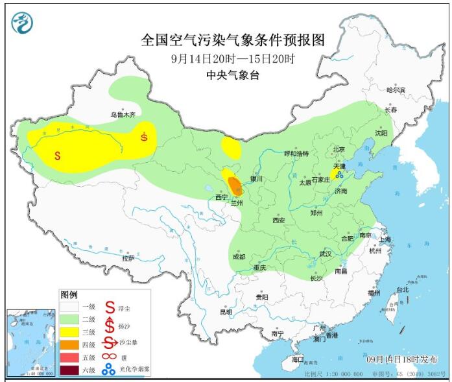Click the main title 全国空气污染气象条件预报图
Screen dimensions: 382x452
point(232,40)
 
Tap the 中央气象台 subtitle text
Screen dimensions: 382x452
point(232,75)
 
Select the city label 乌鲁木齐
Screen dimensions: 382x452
point(123,115)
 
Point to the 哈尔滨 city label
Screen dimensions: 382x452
point(395,90)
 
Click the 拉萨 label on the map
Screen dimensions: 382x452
point(128,257)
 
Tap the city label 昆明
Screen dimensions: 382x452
point(226,312)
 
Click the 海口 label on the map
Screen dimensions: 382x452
point(298,359)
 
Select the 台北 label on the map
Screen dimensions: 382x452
point(402,290)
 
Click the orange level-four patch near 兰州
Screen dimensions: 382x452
point(236,187)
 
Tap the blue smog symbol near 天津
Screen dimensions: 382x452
point(339,174)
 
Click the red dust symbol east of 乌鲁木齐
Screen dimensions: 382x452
point(144,136)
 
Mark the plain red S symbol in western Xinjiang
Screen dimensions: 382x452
point(58,156)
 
